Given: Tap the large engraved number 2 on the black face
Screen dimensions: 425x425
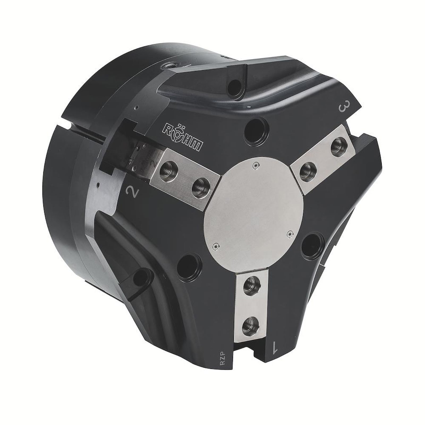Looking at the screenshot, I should (133, 191).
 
